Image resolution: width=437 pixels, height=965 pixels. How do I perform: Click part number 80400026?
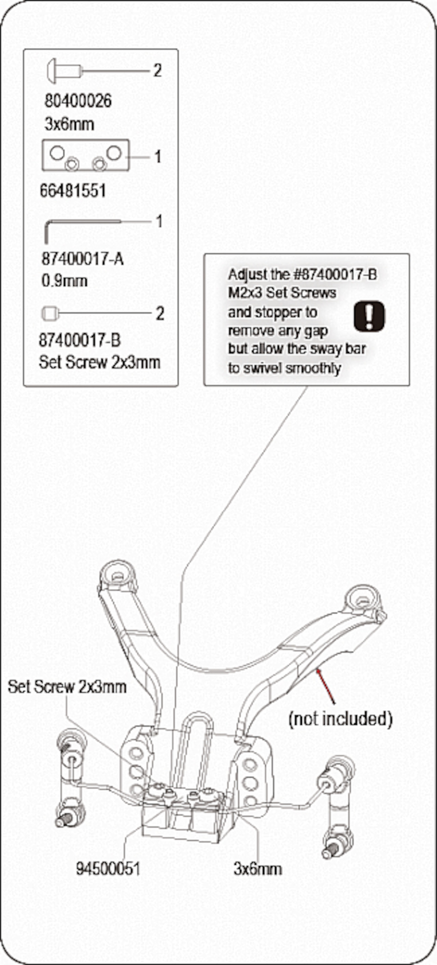point(78,101)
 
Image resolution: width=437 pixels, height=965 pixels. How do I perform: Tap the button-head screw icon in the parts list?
point(64,70)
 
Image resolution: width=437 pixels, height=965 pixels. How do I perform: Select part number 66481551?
point(73,191)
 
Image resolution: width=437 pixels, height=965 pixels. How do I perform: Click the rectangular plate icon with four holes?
point(86,155)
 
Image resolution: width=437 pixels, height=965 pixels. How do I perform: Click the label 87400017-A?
point(82,259)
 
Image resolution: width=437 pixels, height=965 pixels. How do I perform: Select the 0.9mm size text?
point(64,281)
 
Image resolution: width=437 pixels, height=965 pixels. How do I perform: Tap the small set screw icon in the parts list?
point(51,314)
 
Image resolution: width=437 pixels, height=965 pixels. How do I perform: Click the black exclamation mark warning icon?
point(369,316)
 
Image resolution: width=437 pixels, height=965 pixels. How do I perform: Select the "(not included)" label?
point(340,719)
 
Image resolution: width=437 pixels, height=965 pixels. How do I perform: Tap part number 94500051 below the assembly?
point(108,869)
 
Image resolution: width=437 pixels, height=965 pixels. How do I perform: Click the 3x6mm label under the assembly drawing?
point(258,869)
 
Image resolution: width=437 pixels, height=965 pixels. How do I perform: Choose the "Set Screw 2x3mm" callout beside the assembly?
point(67,687)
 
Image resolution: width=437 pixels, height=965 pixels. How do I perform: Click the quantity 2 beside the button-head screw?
point(157,70)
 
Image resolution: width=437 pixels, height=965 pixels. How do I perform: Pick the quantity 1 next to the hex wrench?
point(159,221)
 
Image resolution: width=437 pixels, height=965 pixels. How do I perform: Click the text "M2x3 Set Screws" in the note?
point(282,293)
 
